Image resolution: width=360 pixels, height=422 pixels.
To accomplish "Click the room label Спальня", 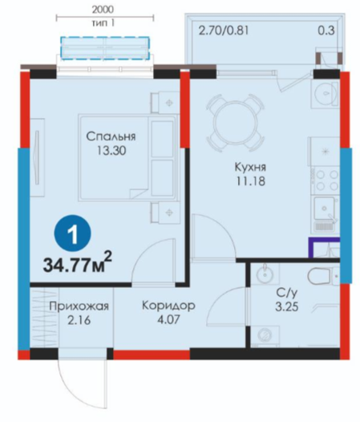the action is pos(111,136).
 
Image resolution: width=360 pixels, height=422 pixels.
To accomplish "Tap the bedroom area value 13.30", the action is pos(111,151).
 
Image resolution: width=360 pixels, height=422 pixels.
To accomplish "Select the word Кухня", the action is pos(250,167).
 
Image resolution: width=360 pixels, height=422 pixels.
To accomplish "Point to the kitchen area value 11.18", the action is pos(251,181).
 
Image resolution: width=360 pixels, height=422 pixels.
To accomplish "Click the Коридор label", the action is pos(168,306).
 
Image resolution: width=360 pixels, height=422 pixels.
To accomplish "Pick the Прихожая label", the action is pos(79,306).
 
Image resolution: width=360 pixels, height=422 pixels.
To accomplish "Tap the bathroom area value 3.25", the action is pos(287,306).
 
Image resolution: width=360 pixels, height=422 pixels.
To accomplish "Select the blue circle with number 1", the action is pos(72,234).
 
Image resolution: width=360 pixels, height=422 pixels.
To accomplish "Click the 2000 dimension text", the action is pos(103,10).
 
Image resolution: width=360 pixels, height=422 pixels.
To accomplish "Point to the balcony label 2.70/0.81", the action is pos(224,30).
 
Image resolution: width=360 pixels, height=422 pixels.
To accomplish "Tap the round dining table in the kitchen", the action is pos(235,123).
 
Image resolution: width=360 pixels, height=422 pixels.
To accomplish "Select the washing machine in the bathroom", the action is pos(265,335).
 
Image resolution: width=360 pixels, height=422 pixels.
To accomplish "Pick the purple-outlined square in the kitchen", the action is pos(324,248).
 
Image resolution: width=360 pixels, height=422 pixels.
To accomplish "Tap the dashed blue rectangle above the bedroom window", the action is pos(105,47).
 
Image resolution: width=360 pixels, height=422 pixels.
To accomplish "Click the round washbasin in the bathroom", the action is pos(265,274).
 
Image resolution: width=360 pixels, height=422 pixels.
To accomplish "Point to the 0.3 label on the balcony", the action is pos(326,30).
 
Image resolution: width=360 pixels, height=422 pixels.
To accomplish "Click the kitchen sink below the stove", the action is pos(325,208).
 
